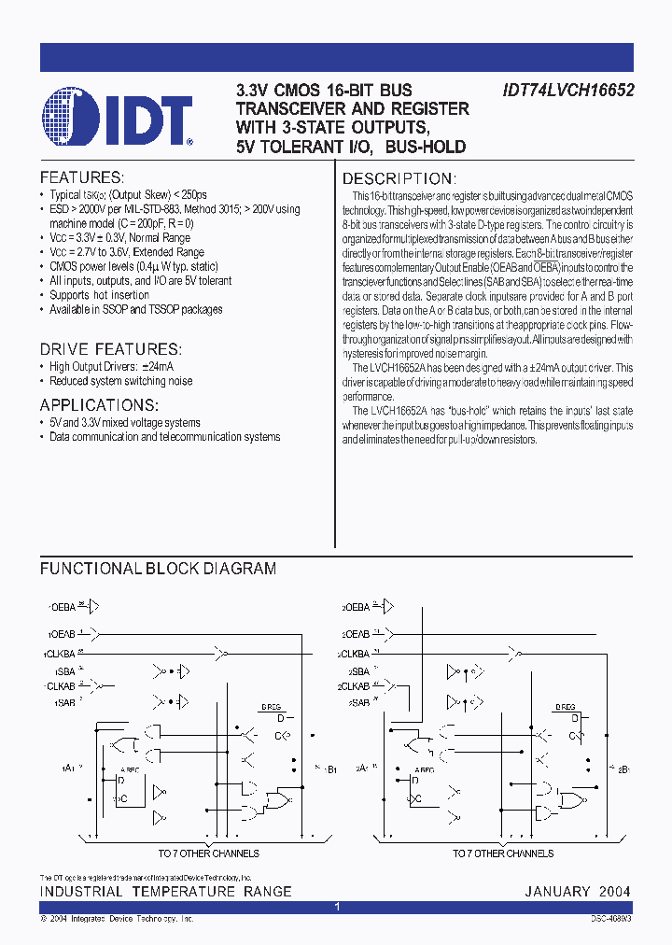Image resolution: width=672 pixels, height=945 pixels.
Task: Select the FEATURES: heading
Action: (x=81, y=177)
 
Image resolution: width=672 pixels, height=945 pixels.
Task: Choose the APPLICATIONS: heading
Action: (x=99, y=405)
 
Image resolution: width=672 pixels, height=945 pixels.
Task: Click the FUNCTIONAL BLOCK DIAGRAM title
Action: (x=158, y=568)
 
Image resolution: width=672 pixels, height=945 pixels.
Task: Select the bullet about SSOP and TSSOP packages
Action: (x=136, y=309)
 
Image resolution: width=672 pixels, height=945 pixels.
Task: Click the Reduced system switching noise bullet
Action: (x=121, y=381)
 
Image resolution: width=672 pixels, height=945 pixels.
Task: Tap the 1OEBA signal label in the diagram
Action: (x=60, y=606)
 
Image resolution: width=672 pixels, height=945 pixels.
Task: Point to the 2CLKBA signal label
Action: (x=354, y=654)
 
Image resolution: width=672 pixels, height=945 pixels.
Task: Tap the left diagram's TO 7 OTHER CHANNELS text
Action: (x=208, y=853)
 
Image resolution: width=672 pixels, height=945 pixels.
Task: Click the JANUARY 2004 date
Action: (x=578, y=892)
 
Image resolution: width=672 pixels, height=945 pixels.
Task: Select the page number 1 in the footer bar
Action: (x=337, y=908)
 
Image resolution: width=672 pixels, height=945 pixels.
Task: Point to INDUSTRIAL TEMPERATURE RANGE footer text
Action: (x=166, y=892)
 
